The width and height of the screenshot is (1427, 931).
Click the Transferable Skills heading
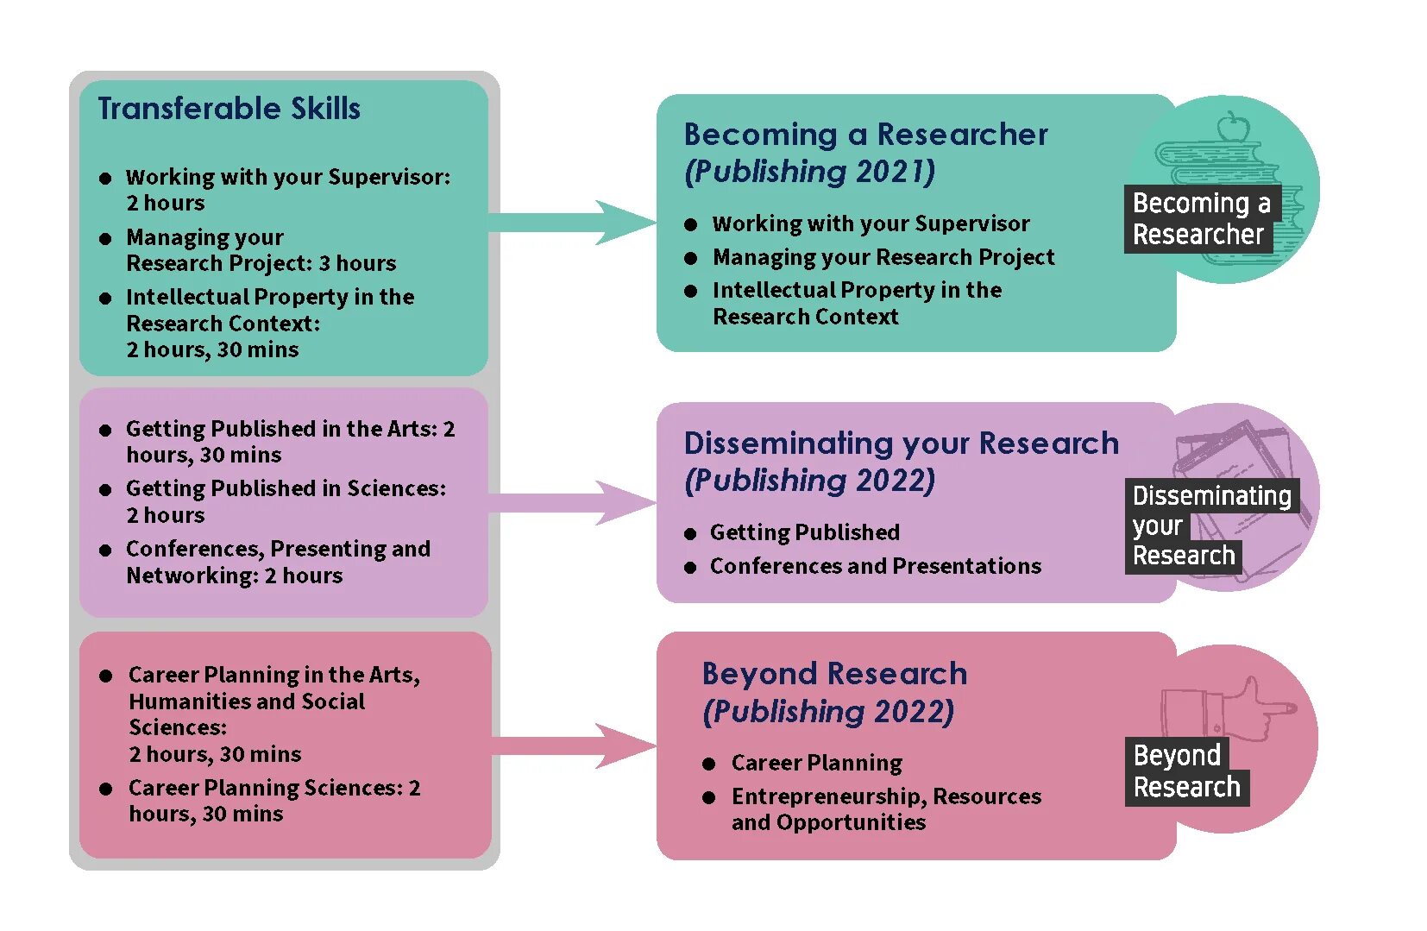(229, 109)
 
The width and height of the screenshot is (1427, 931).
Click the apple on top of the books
(1233, 128)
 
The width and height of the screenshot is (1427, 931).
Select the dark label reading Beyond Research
(1186, 771)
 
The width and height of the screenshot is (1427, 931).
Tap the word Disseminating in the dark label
(1211, 496)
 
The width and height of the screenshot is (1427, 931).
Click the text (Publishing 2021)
(809, 172)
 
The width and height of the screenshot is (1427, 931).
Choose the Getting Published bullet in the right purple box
(804, 532)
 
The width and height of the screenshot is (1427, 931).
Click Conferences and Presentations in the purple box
(875, 566)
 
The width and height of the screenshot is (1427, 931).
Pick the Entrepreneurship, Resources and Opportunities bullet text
(885, 808)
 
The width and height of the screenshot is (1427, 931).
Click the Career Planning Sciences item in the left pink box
(274, 800)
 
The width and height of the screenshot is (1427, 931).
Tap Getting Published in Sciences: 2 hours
(286, 501)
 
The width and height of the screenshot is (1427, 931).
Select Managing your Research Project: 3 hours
(261, 250)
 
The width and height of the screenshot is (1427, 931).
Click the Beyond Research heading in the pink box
(834, 674)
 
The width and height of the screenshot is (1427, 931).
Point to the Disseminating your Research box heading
(901, 443)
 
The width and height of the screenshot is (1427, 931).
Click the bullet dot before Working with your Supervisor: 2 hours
(105, 179)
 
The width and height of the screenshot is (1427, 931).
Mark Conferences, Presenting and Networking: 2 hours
(278, 562)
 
